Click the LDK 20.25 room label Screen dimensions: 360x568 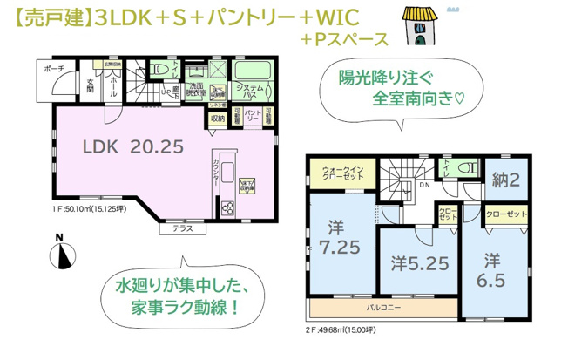pyautogui.click(x=133, y=146)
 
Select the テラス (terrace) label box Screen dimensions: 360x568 pyautogui.click(x=182, y=228)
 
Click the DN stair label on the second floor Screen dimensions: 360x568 pyautogui.click(x=425, y=185)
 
